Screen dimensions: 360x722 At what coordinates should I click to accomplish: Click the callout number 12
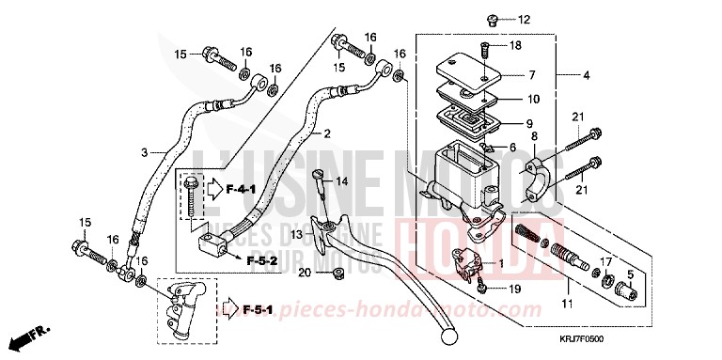pos(524,20)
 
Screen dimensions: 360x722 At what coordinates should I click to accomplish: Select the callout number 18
pos(515,45)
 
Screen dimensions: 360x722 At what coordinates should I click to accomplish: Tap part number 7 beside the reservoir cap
pos(532,75)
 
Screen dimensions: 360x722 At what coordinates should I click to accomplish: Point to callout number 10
pos(532,99)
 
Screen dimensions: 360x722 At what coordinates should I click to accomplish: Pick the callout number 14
pos(340,180)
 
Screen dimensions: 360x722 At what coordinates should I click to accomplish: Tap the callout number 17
pos(606,261)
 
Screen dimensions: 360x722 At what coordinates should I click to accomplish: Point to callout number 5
pos(630,274)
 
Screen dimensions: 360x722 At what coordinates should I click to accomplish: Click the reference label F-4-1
pos(242,190)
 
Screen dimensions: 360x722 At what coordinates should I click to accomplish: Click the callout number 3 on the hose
pos(145,152)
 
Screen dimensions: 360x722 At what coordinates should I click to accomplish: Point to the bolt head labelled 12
pos(492,19)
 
